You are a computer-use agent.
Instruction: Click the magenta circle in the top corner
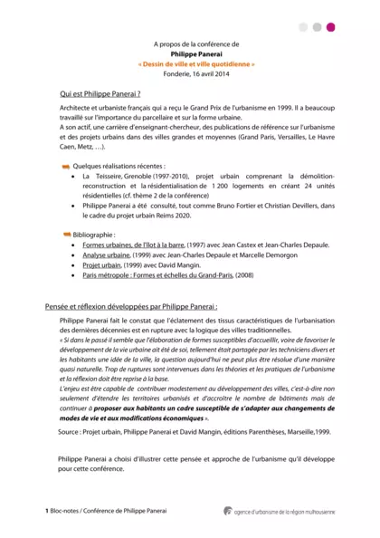pos(330,27)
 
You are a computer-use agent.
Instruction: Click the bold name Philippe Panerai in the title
pos(196,53)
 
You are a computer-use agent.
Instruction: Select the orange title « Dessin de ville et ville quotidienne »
pos(196,64)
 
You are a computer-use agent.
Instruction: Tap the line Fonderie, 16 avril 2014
pos(196,75)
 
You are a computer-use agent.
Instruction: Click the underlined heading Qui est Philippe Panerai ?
pos(100,93)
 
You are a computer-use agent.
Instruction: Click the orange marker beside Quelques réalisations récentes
pos(66,167)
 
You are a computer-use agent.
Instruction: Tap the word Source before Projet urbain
pos(68,433)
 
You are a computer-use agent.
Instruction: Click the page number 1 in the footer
pos(47,512)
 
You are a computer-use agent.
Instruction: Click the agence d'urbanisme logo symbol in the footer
pos(228,511)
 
